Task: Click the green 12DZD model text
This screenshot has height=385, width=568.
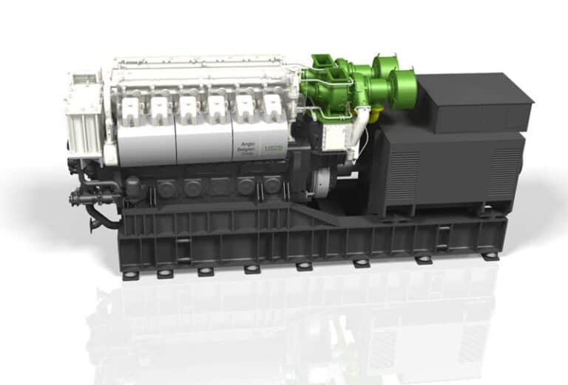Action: point(275,149)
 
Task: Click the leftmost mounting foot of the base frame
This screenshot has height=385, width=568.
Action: point(130,275)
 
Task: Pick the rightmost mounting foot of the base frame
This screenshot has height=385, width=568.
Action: point(490,256)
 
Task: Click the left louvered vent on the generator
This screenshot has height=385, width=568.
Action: point(403,175)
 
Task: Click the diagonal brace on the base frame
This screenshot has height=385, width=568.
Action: point(311,214)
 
